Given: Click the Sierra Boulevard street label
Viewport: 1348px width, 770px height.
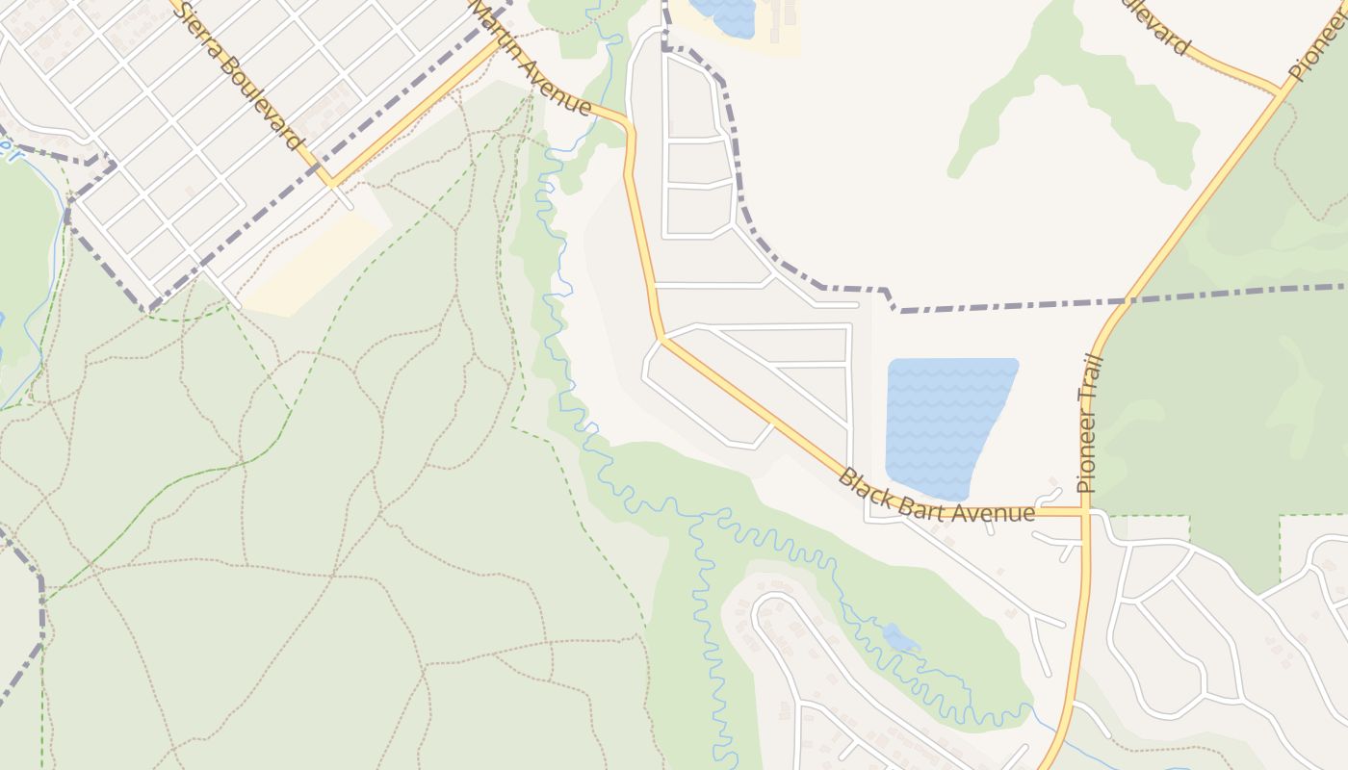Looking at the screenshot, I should (x=237, y=75).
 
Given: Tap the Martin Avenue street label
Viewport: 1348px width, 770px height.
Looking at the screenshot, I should (x=530, y=56).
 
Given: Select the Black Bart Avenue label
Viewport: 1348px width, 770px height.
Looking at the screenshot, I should (x=935, y=497).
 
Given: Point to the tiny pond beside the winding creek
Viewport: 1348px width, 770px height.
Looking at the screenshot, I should (x=900, y=638).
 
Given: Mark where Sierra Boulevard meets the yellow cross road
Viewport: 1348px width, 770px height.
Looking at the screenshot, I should (x=330, y=180).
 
